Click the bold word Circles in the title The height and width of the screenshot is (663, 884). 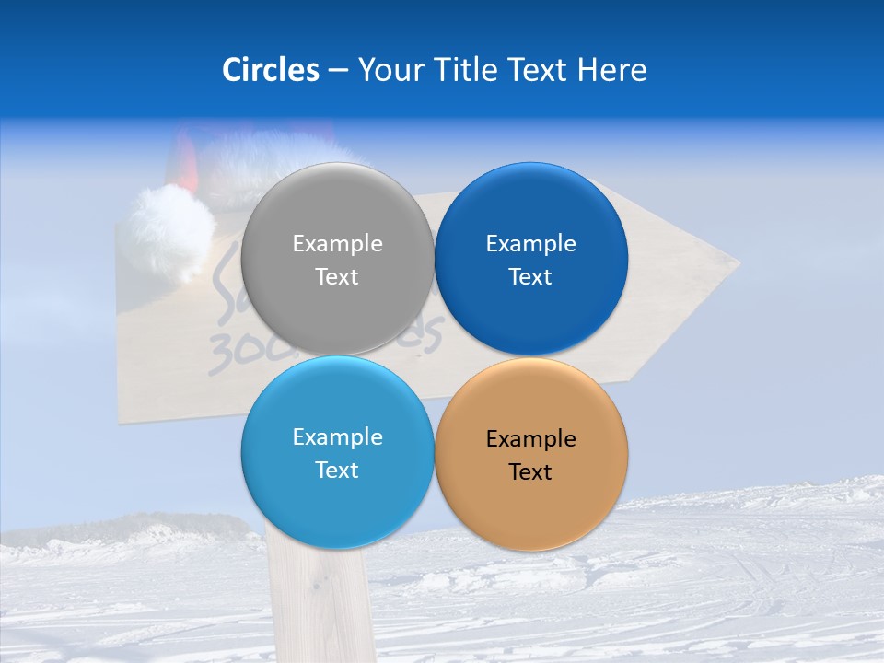coord(270,70)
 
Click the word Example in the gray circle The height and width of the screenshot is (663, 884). coord(337,243)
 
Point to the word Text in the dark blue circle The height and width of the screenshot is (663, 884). coord(530,277)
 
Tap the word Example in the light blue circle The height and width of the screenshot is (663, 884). coord(337,436)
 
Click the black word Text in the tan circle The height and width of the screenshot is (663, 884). coord(530,472)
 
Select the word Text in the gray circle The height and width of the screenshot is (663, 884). coord(337,277)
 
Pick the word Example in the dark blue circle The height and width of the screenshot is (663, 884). coord(530,243)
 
